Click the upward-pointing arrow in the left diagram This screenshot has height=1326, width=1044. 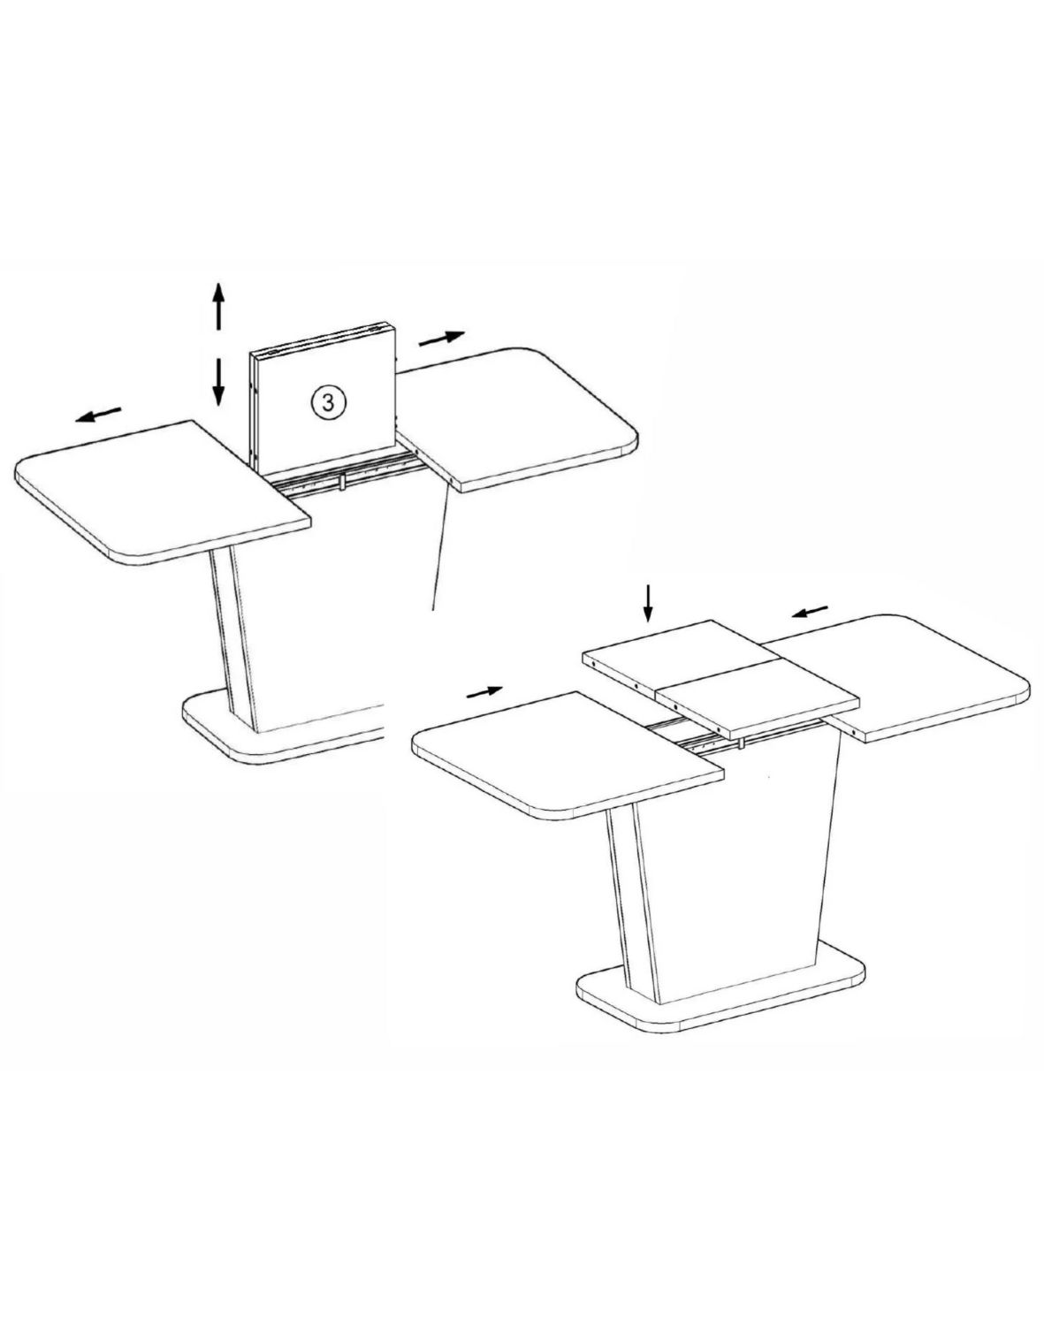coord(218,307)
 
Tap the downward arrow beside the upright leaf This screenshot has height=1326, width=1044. coord(218,382)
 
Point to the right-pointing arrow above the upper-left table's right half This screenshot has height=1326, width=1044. coord(441,338)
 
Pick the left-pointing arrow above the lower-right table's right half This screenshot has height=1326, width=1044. coord(810,611)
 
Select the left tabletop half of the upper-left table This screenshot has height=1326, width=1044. coord(162,492)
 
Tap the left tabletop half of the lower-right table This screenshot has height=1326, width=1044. coord(566,757)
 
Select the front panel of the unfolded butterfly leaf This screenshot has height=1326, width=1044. coord(757,707)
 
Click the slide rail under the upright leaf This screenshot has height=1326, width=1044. coord(345,476)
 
